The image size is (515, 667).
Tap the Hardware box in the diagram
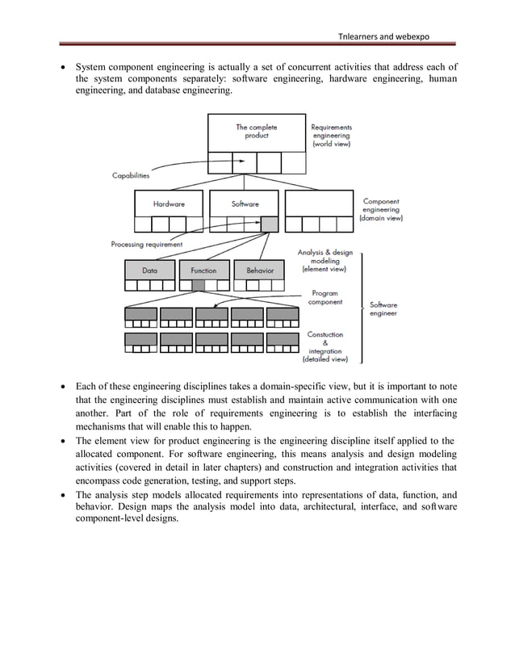click(169, 203)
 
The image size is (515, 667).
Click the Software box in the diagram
click(245, 203)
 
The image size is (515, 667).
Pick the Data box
click(150, 271)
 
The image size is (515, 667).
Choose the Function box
click(203, 271)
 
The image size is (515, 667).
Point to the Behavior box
click(260, 271)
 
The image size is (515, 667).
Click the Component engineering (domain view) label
click(381, 209)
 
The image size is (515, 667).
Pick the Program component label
click(324, 298)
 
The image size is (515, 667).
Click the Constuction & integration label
click(324, 346)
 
